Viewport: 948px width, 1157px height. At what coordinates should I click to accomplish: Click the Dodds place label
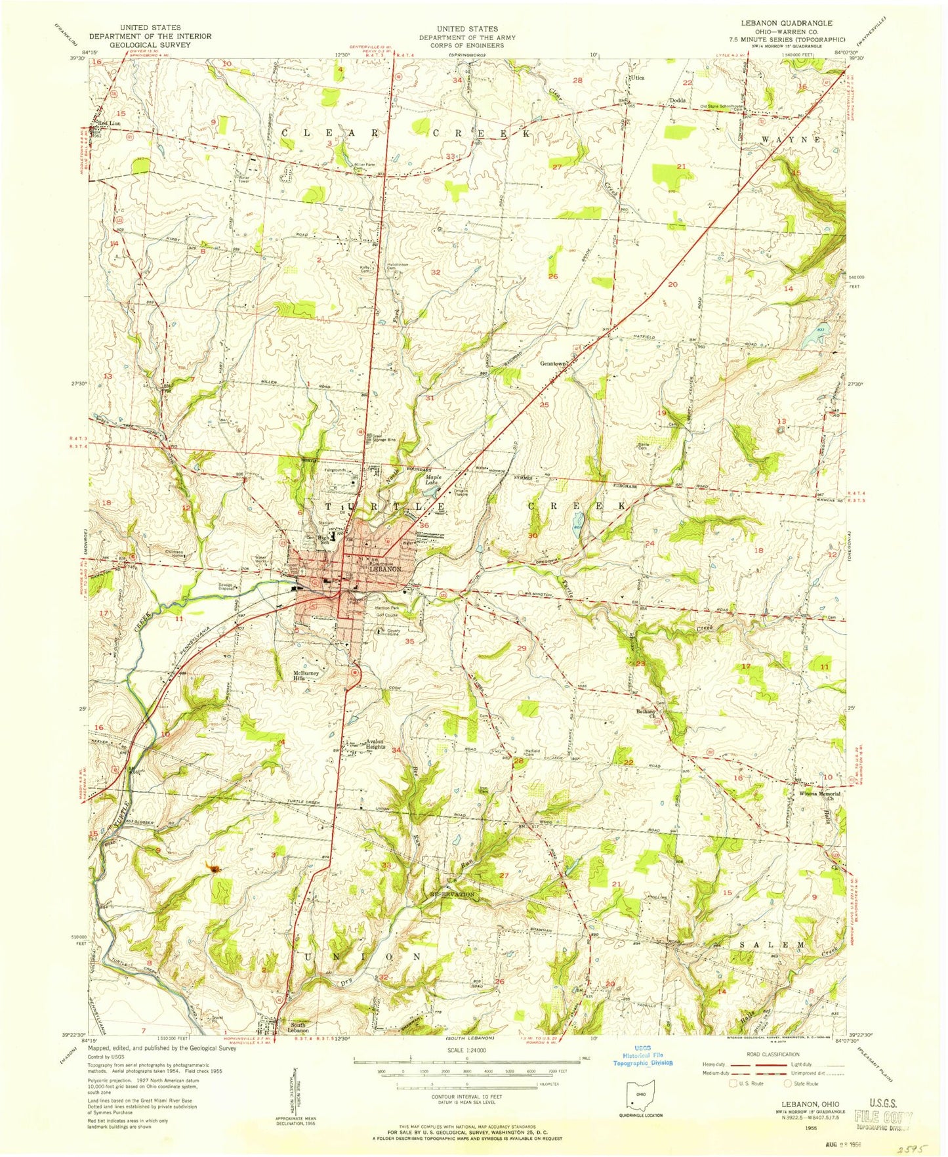(x=677, y=100)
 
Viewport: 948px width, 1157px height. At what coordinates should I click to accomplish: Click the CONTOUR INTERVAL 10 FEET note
(x=466, y=1097)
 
